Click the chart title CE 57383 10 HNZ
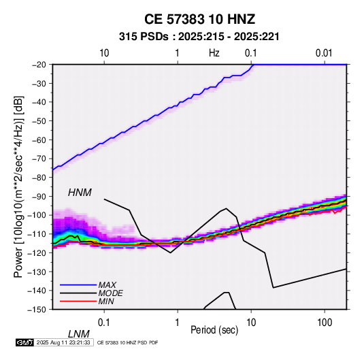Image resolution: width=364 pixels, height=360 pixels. click(x=199, y=19)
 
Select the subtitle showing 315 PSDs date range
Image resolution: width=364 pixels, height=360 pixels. click(x=199, y=37)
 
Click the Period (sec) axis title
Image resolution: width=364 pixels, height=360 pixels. click(x=214, y=330)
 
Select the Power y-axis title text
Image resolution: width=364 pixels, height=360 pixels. click(x=18, y=186)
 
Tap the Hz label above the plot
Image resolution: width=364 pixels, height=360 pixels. click(x=214, y=53)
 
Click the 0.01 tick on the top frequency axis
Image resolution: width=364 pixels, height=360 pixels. click(x=324, y=53)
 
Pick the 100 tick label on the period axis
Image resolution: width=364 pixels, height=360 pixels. click(x=325, y=323)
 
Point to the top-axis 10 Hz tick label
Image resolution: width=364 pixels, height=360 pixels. click(x=104, y=53)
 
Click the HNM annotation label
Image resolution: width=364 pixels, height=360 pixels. click(x=80, y=193)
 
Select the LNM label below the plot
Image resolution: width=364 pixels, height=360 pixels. click(x=78, y=334)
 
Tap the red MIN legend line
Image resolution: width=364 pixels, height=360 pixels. click(x=78, y=301)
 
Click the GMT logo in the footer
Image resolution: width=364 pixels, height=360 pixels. click(x=24, y=342)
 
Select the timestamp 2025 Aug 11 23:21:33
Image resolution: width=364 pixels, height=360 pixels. click(x=63, y=342)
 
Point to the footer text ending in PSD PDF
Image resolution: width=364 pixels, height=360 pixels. click(x=127, y=342)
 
